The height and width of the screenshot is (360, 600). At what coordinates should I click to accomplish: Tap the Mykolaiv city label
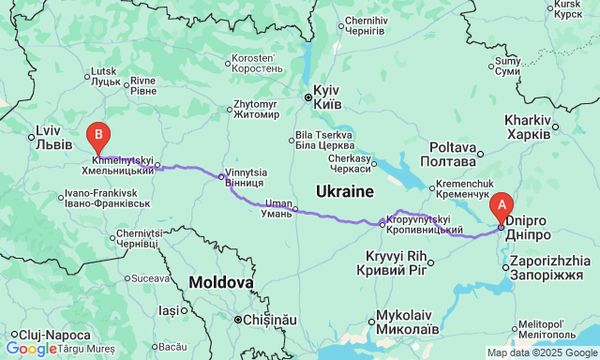click(x=409, y=322)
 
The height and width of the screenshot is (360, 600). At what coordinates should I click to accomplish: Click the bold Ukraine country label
click(x=345, y=191)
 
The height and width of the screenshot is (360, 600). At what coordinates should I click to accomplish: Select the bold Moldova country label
click(x=220, y=282)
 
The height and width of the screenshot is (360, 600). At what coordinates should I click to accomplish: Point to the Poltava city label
click(x=454, y=154)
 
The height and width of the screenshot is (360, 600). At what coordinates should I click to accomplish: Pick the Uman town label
click(x=278, y=208)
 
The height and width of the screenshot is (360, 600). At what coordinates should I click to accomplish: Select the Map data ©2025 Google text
click(x=541, y=352)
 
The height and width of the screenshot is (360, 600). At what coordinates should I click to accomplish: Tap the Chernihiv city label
click(x=367, y=25)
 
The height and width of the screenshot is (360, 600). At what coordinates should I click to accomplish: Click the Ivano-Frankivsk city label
click(x=108, y=198)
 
